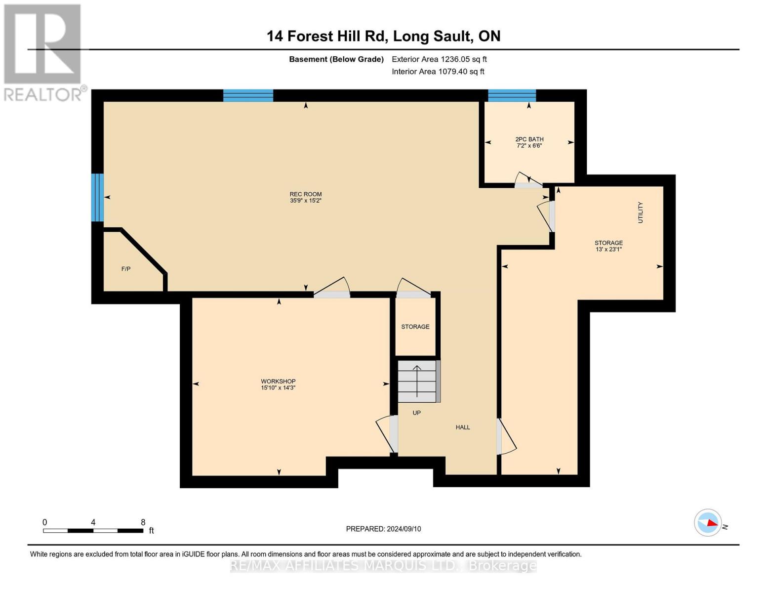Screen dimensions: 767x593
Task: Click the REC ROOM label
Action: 306,194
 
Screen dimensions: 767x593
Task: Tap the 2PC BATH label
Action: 529,139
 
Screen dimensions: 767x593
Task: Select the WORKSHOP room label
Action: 278,381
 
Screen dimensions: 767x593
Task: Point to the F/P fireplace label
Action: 126,269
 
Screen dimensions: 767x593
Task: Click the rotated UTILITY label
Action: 641,212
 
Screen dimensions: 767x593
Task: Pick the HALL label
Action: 463,427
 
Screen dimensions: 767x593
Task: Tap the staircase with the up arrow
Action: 419,381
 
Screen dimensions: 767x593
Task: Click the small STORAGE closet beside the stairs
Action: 415,327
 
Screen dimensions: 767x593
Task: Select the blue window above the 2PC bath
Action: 512,95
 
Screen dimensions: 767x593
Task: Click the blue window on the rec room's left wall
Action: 97,198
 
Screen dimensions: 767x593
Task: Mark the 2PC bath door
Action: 528,180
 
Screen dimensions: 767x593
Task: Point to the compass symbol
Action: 708,523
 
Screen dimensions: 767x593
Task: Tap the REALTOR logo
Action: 44,52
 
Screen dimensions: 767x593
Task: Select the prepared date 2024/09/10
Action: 404,529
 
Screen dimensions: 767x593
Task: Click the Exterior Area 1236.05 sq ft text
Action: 439,59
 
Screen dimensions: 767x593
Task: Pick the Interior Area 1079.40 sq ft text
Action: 438,72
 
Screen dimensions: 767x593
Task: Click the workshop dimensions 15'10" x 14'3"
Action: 278,388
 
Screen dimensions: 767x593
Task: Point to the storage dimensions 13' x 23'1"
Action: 608,250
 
